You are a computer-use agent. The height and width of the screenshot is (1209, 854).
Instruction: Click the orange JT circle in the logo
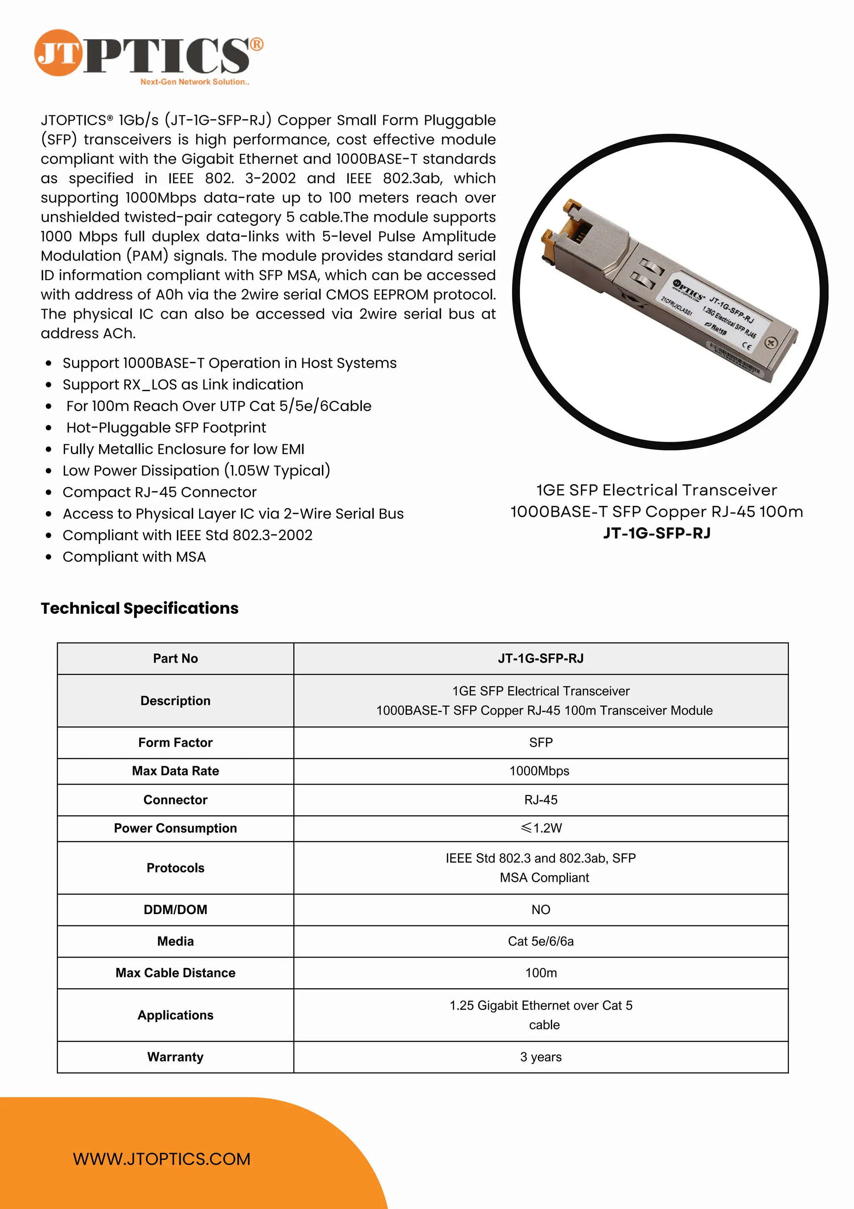pyautogui.click(x=58, y=53)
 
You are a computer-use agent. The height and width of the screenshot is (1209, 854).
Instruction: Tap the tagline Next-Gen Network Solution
pyautogui.click(x=194, y=82)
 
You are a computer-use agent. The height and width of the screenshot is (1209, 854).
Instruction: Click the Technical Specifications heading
pyautogui.click(x=140, y=608)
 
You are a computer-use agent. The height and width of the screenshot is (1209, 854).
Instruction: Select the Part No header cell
pyautogui.click(x=175, y=658)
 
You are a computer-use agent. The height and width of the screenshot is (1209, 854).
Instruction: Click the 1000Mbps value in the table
pyautogui.click(x=539, y=771)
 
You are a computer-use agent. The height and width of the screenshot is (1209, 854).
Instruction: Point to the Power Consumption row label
pyautogui.click(x=175, y=828)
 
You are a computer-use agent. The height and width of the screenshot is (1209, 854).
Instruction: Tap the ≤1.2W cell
pyautogui.click(x=541, y=828)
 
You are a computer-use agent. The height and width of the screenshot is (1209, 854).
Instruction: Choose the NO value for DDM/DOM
pyautogui.click(x=541, y=910)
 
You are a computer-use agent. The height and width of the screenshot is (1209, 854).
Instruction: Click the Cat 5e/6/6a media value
pyautogui.click(x=541, y=941)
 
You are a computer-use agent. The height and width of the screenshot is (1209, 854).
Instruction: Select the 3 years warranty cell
pyautogui.click(x=541, y=1057)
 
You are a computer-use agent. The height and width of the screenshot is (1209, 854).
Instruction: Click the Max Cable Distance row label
pyautogui.click(x=175, y=973)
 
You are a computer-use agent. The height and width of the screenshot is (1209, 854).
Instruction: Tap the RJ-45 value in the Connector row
pyautogui.click(x=541, y=800)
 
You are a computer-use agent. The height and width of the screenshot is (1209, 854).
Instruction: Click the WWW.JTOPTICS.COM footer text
pyautogui.click(x=162, y=1159)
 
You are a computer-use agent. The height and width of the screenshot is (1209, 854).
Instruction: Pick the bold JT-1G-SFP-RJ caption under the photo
pyautogui.click(x=657, y=533)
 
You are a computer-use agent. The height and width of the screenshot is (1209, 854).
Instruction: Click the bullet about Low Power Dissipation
pyautogui.click(x=196, y=471)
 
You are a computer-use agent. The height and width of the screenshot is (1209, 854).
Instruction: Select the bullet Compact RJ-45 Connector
pyautogui.click(x=160, y=493)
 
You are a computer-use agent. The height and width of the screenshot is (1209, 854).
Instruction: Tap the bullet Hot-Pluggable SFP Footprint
pyautogui.click(x=166, y=427)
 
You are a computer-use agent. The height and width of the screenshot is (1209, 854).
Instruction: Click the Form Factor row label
pyautogui.click(x=175, y=742)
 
